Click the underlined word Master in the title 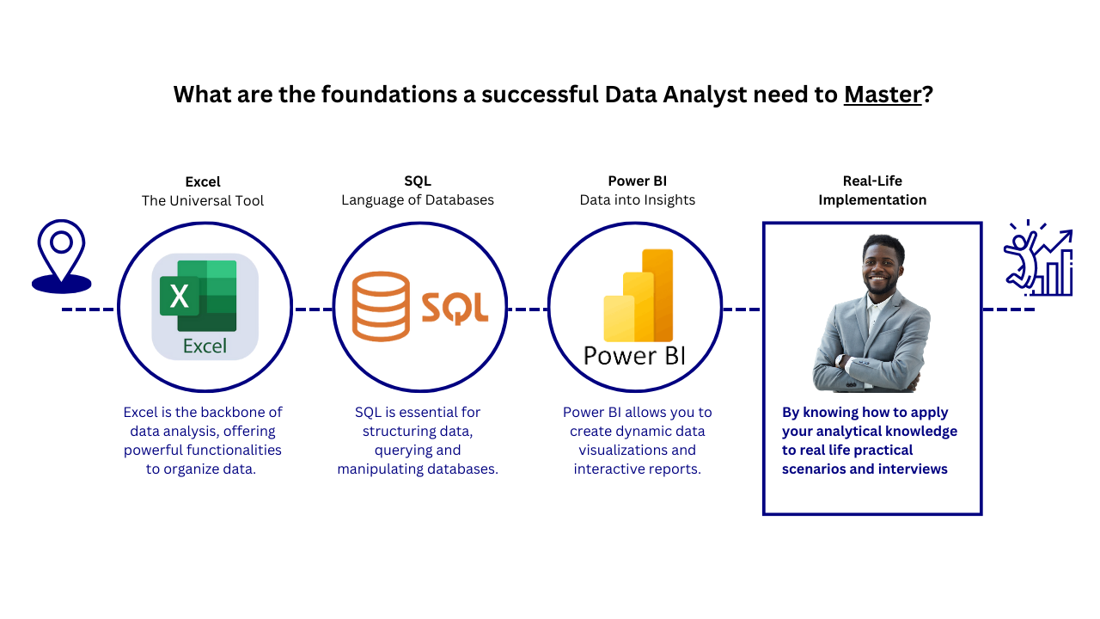(x=883, y=94)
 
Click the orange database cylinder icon (x=381, y=305)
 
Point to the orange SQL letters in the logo (x=455, y=308)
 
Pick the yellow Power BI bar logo (x=639, y=296)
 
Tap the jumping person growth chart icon (x=1038, y=259)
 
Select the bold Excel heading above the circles (x=203, y=181)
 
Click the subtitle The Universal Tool (x=203, y=200)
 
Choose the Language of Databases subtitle (x=418, y=200)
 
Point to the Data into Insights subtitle (x=637, y=200)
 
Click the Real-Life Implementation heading (x=872, y=190)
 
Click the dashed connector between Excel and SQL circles (x=313, y=309)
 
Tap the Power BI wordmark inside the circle (x=635, y=355)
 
